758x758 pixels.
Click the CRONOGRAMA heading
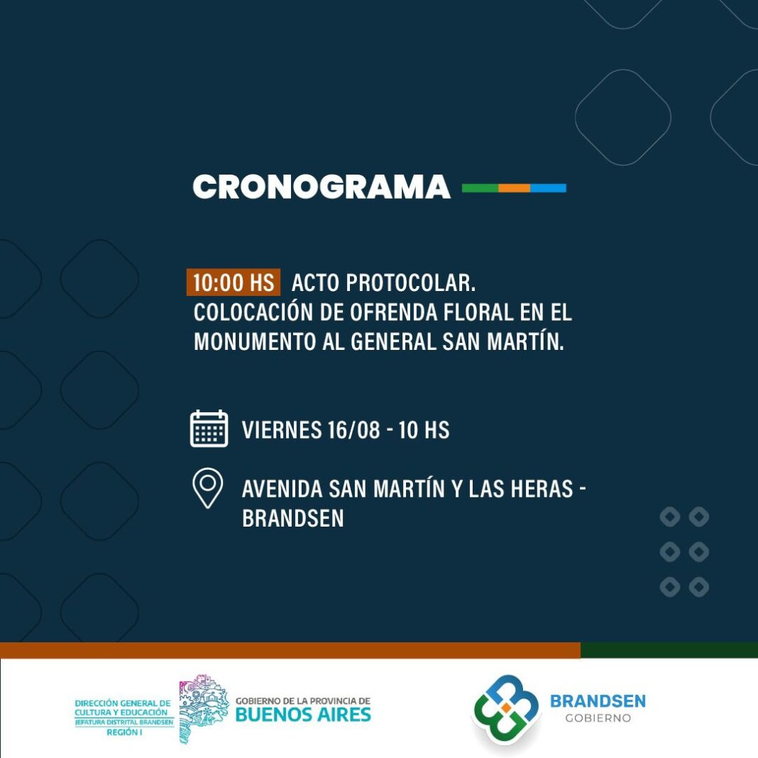(322, 187)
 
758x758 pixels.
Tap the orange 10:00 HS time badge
(234, 282)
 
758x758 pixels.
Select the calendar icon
(209, 428)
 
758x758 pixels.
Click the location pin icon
(208, 488)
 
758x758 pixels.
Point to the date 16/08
(353, 430)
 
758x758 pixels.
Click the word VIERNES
(281, 430)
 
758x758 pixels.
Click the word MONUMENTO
(255, 342)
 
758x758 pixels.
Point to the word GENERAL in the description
(393, 342)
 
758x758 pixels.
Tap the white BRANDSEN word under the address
(293, 518)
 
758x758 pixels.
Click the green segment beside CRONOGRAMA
(480, 188)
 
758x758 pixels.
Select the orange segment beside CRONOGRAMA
(515, 188)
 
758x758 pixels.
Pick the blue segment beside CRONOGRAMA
(548, 188)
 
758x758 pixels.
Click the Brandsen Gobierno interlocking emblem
(505, 708)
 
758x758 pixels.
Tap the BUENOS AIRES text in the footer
(303, 715)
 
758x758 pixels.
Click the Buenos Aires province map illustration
(203, 709)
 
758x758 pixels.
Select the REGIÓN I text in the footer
(124, 732)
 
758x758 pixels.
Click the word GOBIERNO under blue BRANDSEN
(598, 718)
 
